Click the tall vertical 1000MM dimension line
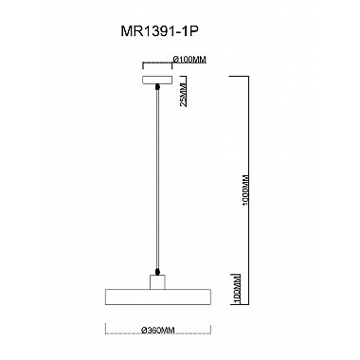pyautogui.click(x=249, y=189)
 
